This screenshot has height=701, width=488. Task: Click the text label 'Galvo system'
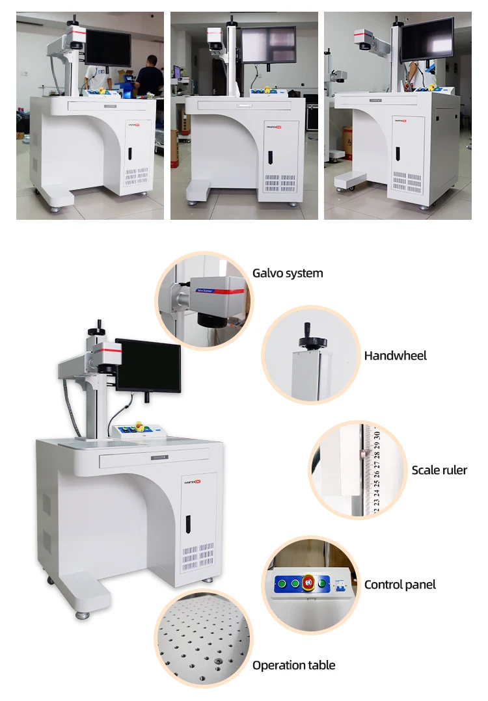pyautogui.click(x=288, y=273)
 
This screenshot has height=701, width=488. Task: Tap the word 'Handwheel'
pyautogui.click(x=395, y=356)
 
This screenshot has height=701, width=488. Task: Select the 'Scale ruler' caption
pyautogui.click(x=439, y=470)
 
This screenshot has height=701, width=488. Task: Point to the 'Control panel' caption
pyautogui.click(x=400, y=585)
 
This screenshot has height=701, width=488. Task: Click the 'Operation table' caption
pyautogui.click(x=293, y=665)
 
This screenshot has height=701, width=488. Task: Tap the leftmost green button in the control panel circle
pyautogui.click(x=281, y=583)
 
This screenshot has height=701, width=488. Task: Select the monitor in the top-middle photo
pyautogui.click(x=268, y=44)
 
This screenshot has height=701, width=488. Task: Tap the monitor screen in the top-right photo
pyautogui.click(x=427, y=39)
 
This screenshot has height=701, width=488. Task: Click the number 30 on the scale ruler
pyautogui.click(x=377, y=432)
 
